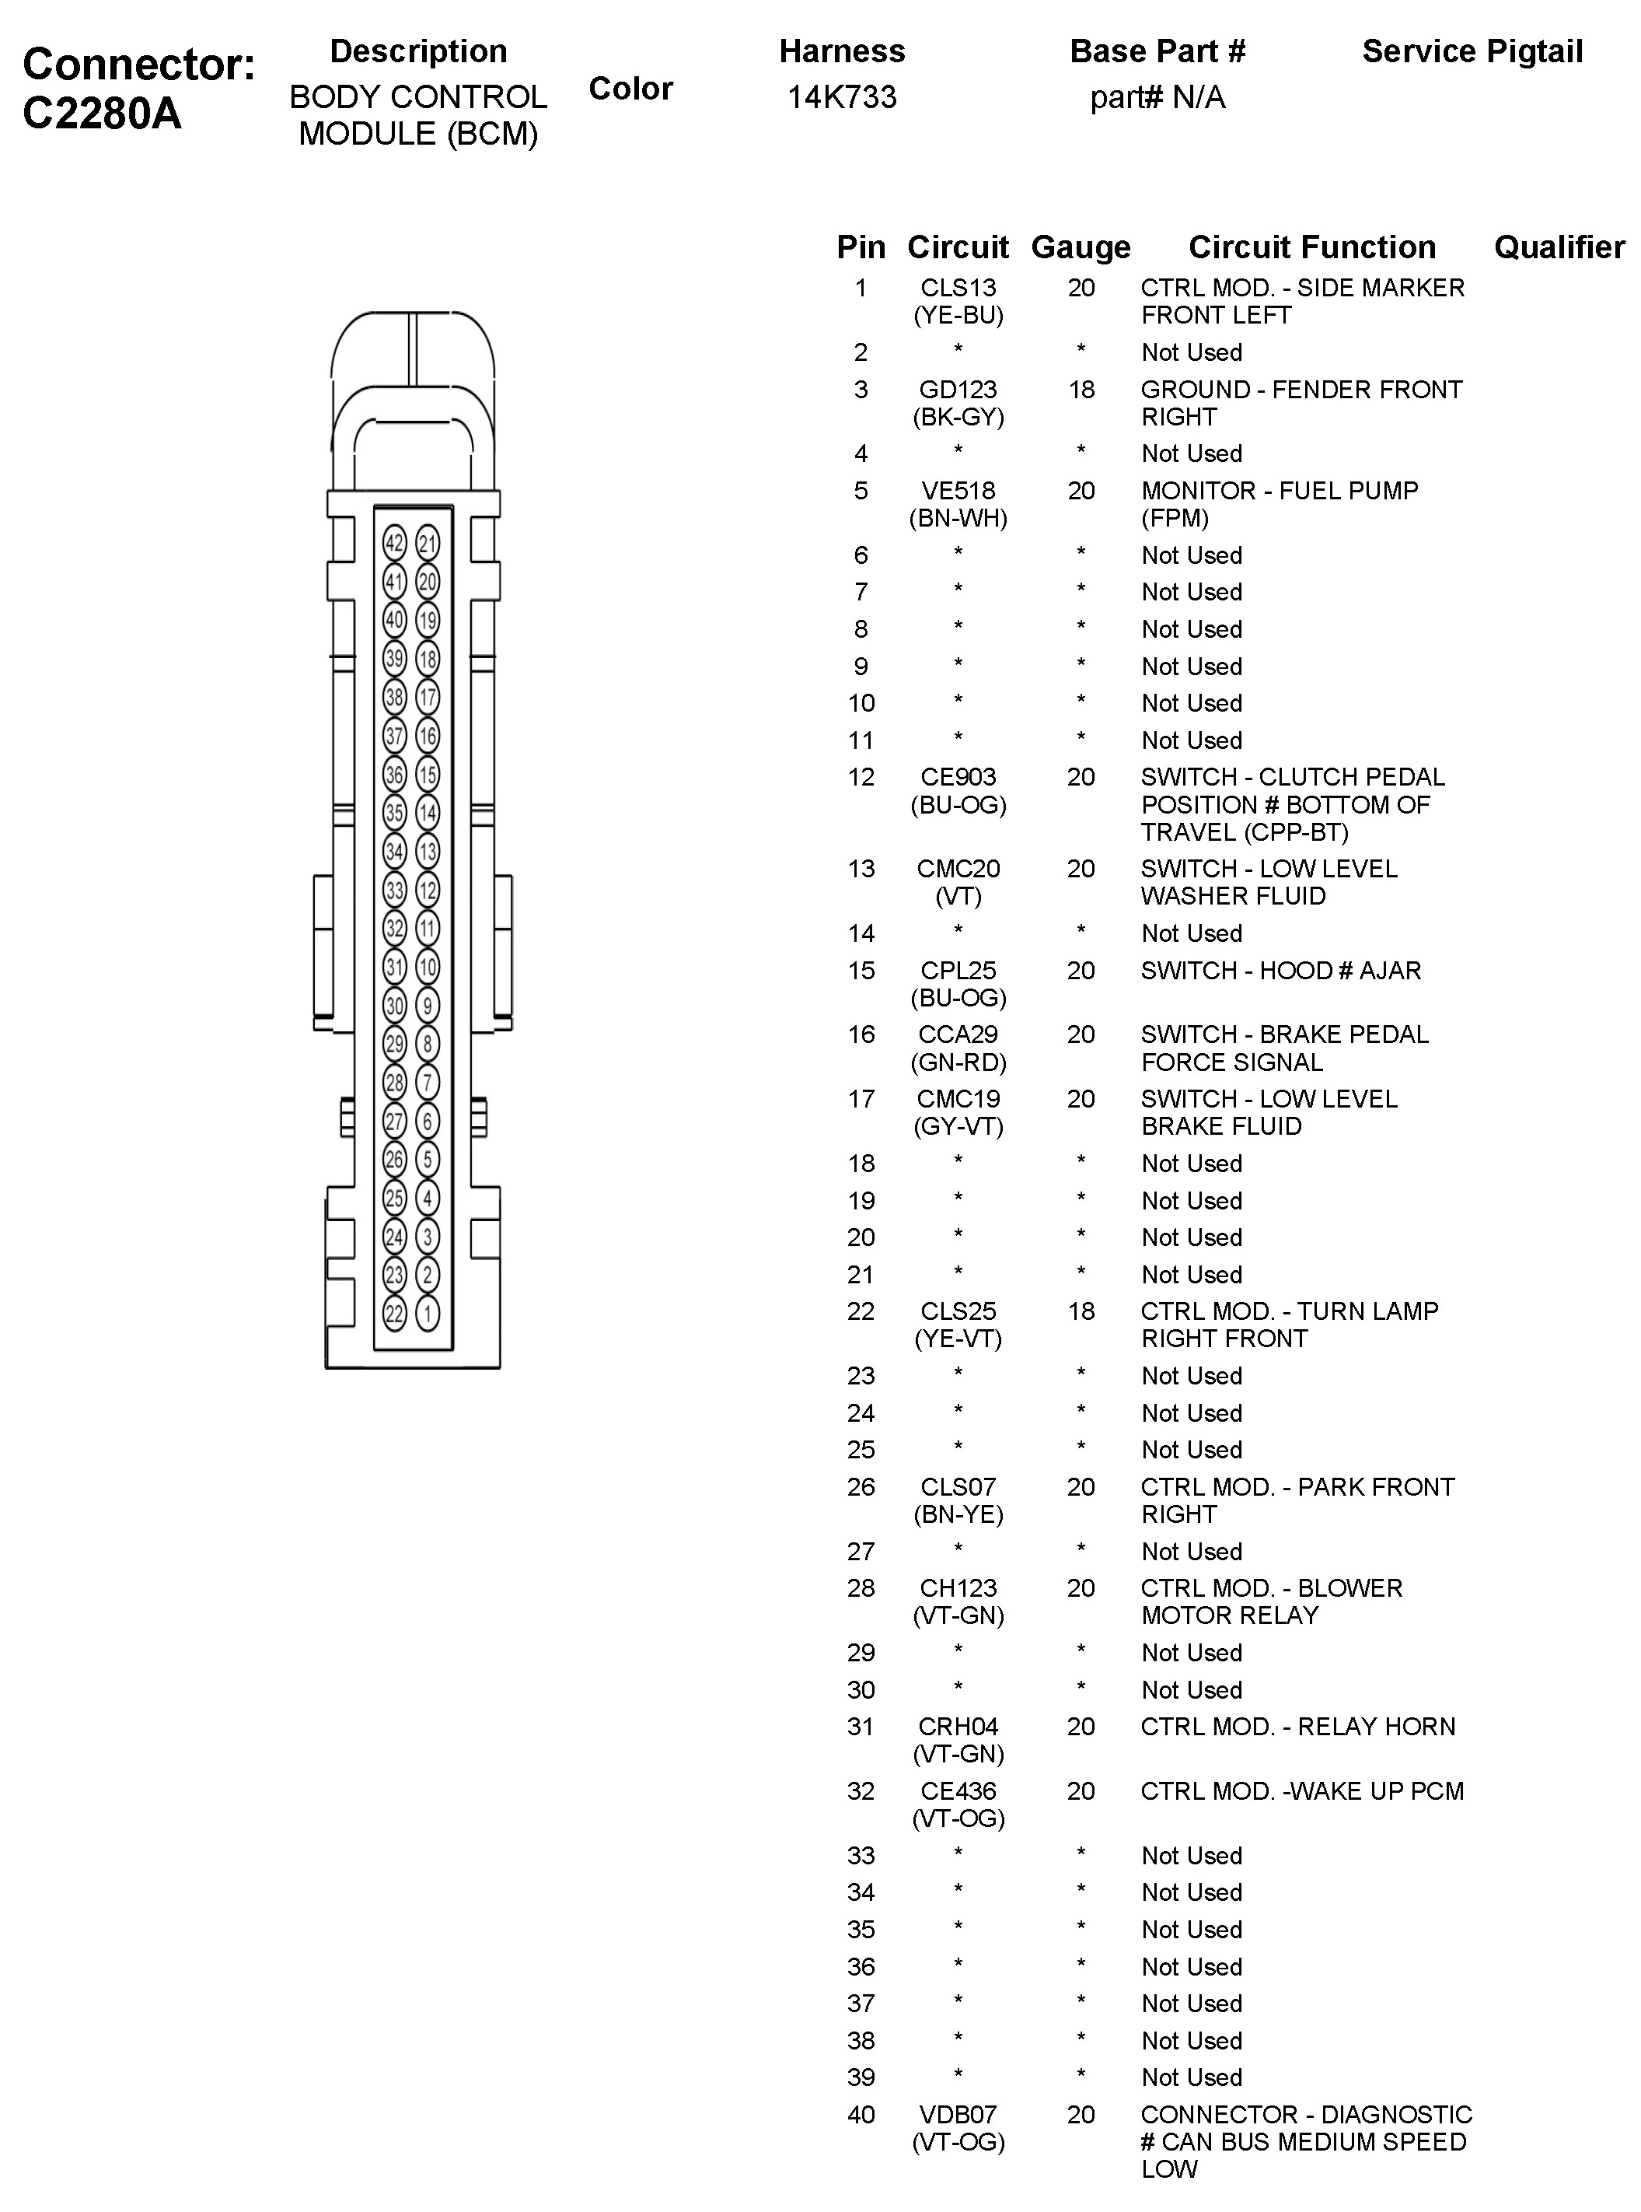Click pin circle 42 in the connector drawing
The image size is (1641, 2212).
tap(394, 544)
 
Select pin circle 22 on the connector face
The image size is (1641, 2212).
tap(394, 1314)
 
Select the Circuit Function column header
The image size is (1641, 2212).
tap(1311, 247)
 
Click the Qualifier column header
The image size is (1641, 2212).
tap(1559, 247)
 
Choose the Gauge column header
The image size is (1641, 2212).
tap(1081, 247)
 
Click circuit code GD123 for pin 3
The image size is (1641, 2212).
tap(958, 390)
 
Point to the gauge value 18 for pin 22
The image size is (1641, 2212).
tap(1081, 1311)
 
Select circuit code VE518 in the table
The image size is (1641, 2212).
tap(958, 491)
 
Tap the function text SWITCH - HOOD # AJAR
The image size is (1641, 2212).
tap(1280, 970)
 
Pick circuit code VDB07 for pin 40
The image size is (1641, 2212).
tap(958, 2115)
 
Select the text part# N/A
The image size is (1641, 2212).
tap(1157, 97)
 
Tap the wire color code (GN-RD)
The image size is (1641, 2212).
tap(958, 1062)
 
